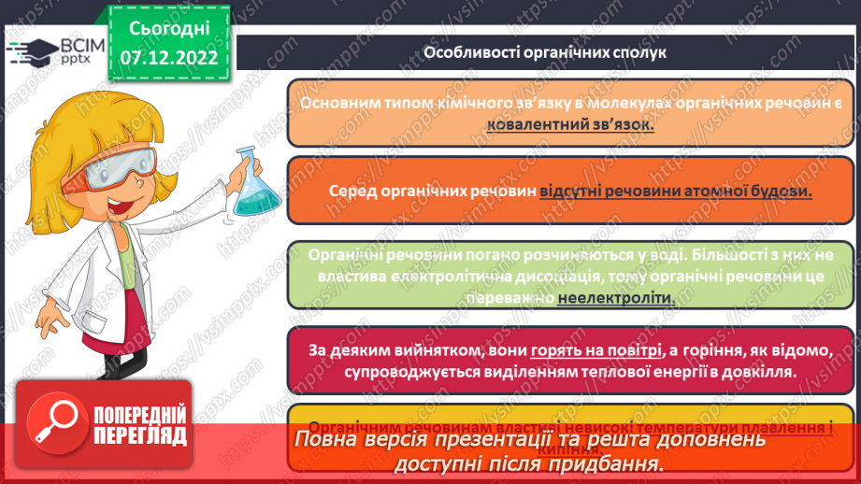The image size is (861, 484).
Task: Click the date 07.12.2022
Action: (x=168, y=58)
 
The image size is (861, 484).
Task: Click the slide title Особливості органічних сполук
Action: (x=544, y=52)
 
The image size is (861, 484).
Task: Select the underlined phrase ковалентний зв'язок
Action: (x=570, y=125)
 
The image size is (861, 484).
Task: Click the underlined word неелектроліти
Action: (x=615, y=297)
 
